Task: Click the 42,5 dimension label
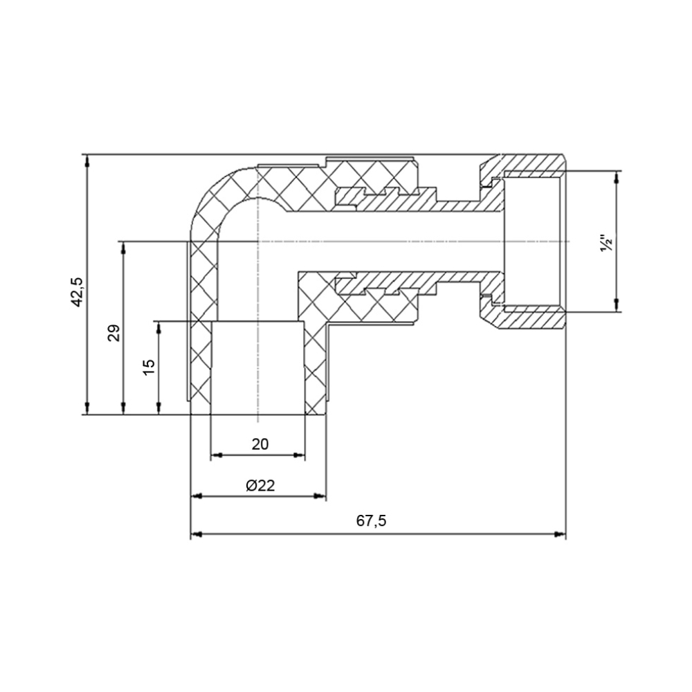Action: click(x=78, y=291)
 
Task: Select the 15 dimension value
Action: click(x=149, y=367)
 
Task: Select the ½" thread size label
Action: click(x=606, y=244)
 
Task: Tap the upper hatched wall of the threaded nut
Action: click(x=533, y=163)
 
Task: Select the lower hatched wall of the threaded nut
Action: click(x=533, y=320)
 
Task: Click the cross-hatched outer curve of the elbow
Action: click(x=208, y=201)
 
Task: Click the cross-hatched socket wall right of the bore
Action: click(x=315, y=367)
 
